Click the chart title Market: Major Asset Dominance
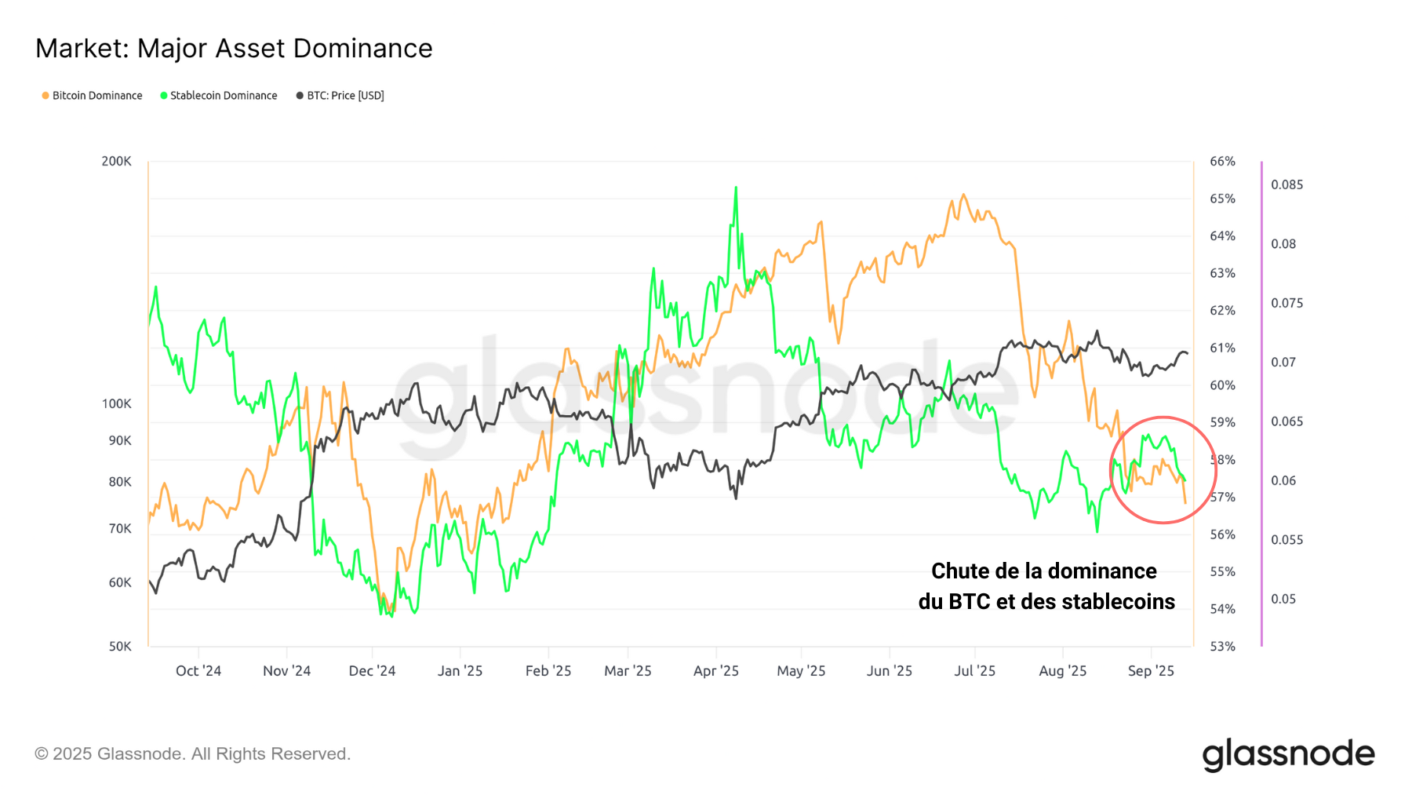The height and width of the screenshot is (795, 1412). pyautogui.click(x=234, y=49)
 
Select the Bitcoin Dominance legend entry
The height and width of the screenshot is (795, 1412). pyautogui.click(x=92, y=96)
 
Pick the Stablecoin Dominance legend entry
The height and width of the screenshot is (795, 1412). pyautogui.click(x=219, y=96)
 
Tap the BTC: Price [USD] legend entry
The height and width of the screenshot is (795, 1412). pyautogui.click(x=340, y=96)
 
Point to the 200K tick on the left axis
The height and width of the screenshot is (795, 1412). pyautogui.click(x=116, y=161)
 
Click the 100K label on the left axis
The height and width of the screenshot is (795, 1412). pyautogui.click(x=116, y=403)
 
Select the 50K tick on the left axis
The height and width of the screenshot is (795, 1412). pyautogui.click(x=119, y=646)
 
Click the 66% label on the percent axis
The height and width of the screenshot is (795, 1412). pyautogui.click(x=1222, y=161)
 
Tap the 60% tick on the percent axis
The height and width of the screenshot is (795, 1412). pyautogui.click(x=1222, y=385)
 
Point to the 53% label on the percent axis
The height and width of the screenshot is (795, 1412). pyautogui.click(x=1222, y=646)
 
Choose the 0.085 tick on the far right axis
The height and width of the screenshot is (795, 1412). pyautogui.click(x=1286, y=184)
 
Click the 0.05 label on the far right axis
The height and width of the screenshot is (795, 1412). pyautogui.click(x=1283, y=599)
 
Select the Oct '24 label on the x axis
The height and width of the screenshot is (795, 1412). pyautogui.click(x=198, y=671)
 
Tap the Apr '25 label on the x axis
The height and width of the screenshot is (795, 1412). pyautogui.click(x=715, y=671)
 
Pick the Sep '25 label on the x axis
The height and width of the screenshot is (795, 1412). pyautogui.click(x=1151, y=671)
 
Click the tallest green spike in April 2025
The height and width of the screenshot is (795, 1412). pyautogui.click(x=736, y=188)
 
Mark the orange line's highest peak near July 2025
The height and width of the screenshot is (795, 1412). pyautogui.click(x=963, y=195)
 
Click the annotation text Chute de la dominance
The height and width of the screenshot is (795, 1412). pyautogui.click(x=1043, y=571)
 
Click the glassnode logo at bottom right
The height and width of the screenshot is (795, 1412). pyautogui.click(x=1288, y=754)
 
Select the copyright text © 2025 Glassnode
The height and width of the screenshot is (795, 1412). pyautogui.click(x=192, y=754)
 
